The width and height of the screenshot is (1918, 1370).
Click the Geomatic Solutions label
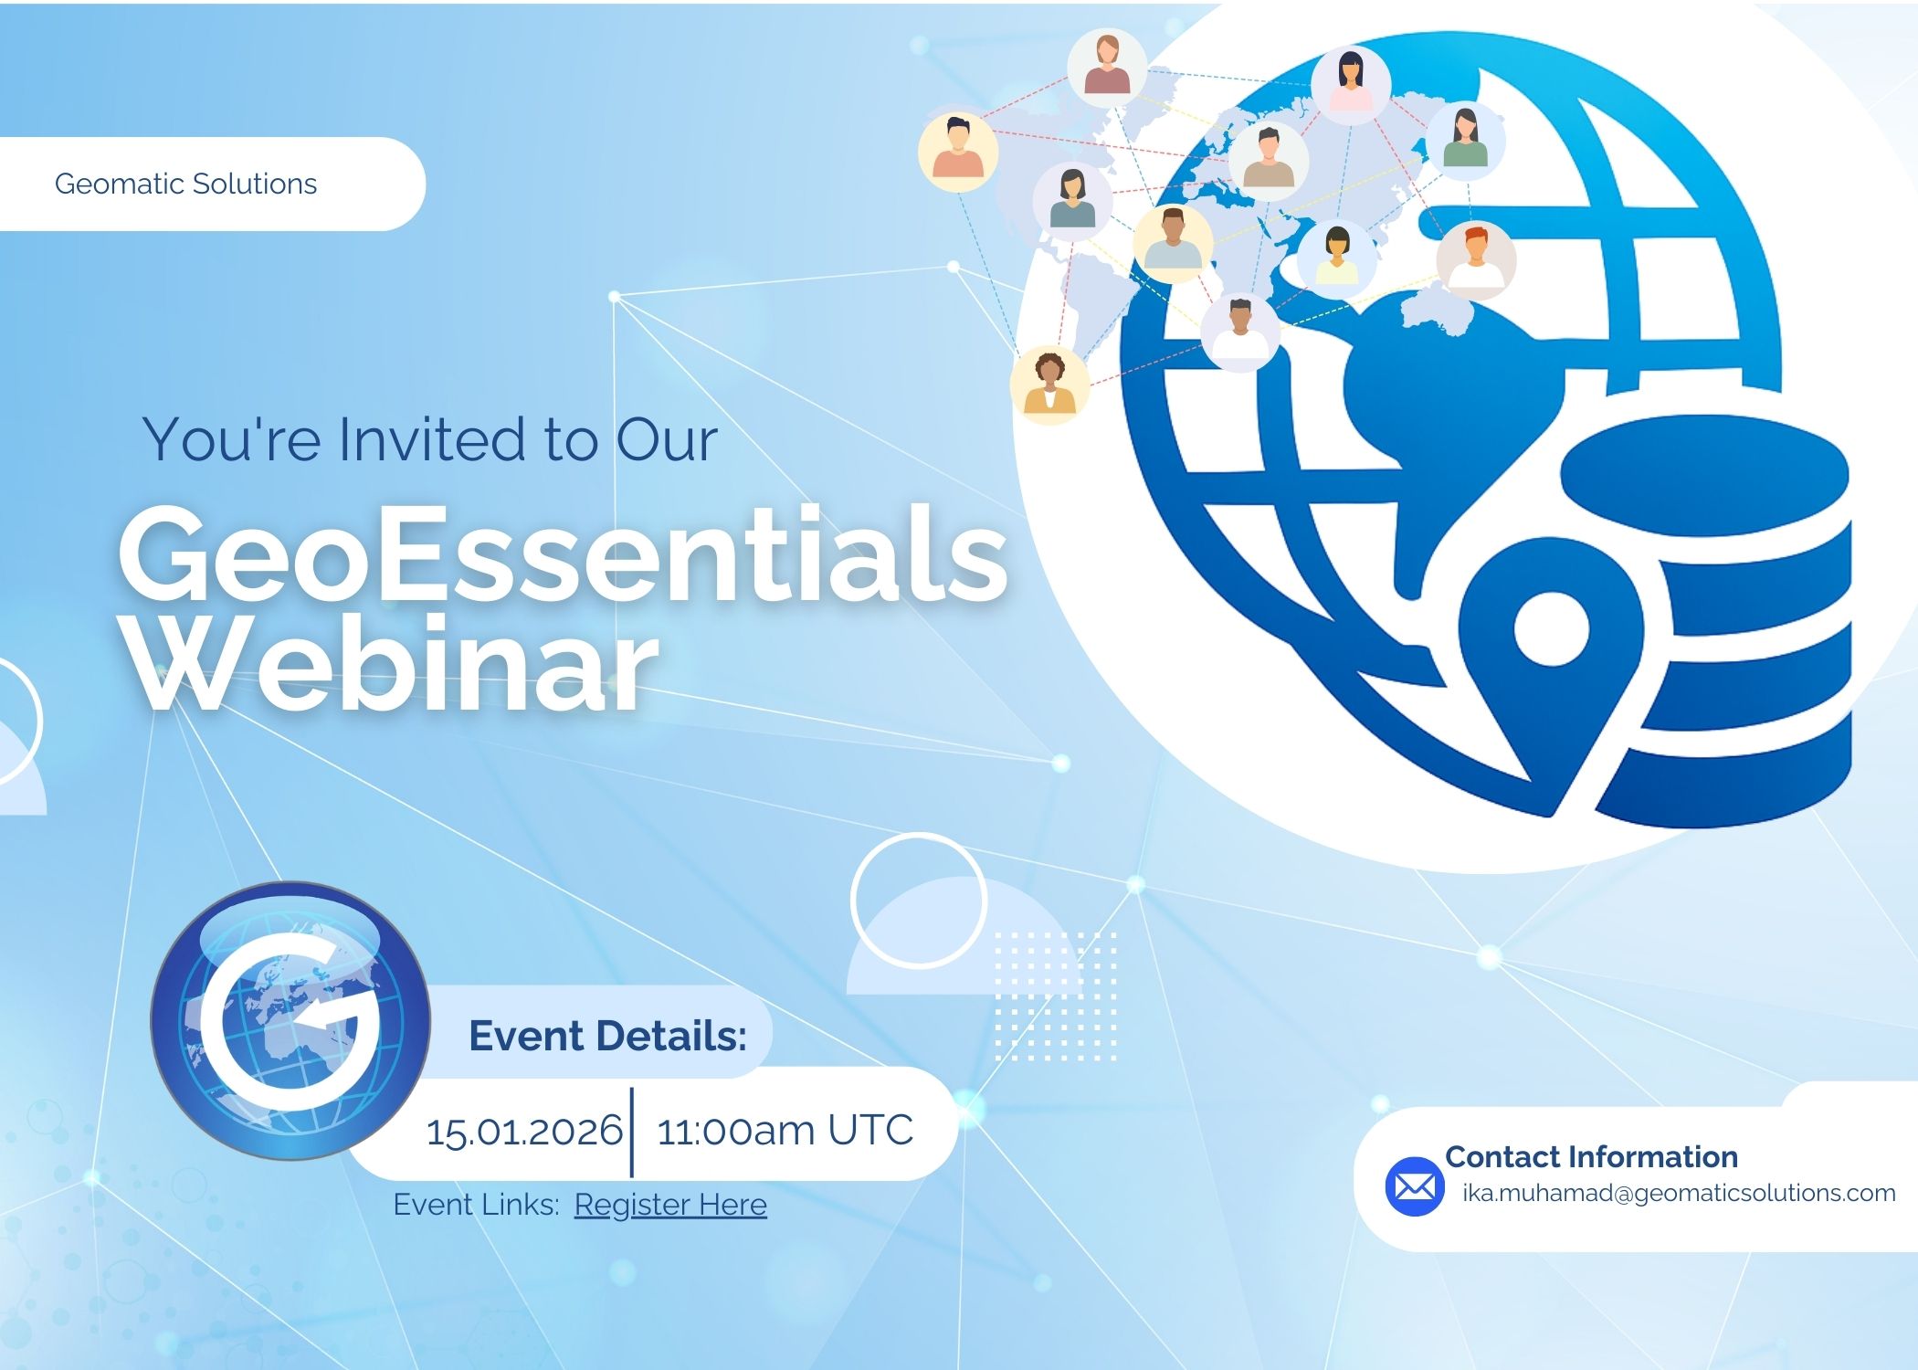[185, 184]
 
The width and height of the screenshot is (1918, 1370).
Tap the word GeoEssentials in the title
[564, 554]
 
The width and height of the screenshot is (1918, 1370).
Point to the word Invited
[430, 439]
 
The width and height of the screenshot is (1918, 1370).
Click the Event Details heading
[608, 1036]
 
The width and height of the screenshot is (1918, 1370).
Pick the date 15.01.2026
[524, 1132]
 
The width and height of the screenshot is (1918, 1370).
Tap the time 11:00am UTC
[785, 1131]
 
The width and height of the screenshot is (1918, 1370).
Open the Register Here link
[670, 1205]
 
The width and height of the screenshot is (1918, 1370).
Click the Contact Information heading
[1591, 1156]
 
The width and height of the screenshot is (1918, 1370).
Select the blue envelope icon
[1415, 1186]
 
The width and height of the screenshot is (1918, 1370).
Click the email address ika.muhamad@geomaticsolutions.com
[1679, 1193]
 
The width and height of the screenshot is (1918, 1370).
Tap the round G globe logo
[290, 1020]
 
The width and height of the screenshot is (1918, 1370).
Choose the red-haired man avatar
[1476, 260]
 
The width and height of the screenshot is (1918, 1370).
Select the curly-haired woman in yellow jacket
[1049, 385]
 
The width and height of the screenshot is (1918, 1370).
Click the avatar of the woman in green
[1465, 140]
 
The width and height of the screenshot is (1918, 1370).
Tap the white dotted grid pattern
[1056, 996]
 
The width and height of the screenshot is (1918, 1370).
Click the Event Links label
[476, 1205]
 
